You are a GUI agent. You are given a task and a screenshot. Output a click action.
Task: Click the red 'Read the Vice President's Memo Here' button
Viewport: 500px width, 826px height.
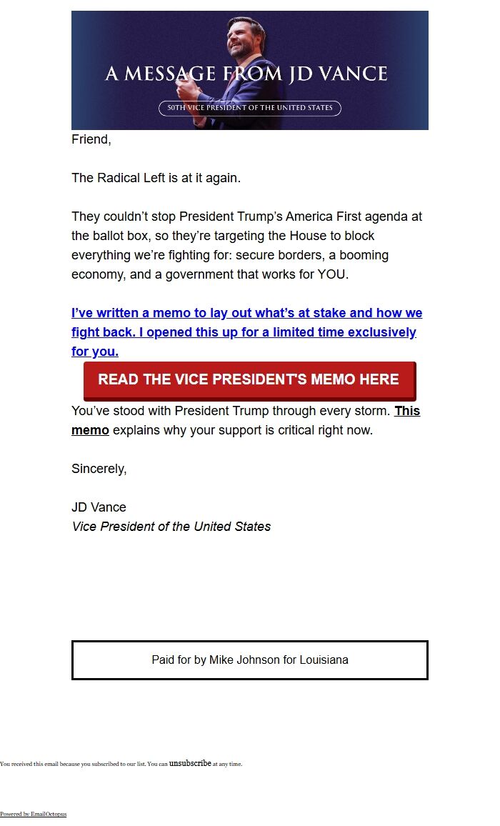249,379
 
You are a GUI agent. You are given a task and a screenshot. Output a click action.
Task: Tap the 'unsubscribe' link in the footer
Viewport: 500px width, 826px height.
190,763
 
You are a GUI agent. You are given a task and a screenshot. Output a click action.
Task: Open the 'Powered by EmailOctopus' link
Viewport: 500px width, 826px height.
33,814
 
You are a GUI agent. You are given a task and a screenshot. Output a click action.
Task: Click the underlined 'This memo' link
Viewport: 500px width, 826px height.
406,412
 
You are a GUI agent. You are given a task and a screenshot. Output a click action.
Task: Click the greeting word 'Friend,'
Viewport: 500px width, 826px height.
91,140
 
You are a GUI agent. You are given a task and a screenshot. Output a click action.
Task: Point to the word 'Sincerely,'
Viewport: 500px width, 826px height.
99,469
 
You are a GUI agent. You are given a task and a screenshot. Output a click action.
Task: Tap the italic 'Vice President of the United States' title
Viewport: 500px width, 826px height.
171,527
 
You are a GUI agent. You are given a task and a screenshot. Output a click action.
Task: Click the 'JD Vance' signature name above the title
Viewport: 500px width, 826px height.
99,507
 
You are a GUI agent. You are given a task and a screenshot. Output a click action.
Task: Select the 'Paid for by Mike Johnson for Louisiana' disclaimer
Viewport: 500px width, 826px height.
250,660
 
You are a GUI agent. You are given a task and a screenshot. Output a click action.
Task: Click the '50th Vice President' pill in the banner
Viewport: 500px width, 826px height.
250,108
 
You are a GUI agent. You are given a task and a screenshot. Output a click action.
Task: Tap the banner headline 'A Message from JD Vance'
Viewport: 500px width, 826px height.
246,74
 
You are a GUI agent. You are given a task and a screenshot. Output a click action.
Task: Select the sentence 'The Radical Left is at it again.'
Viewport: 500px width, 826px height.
156,178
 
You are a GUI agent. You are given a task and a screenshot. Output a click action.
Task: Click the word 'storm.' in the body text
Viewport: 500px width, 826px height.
372,412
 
